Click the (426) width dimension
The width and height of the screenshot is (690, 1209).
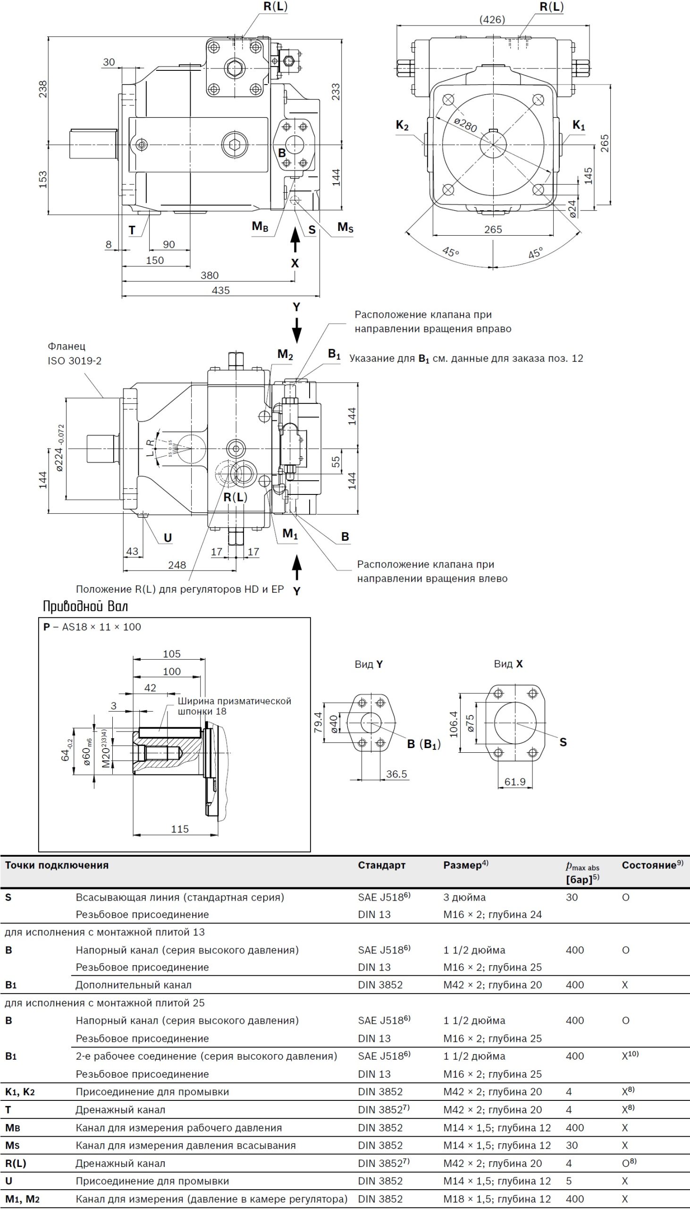click(492, 19)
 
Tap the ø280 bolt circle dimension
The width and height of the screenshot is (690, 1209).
click(465, 125)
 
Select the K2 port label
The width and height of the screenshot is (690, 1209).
click(402, 126)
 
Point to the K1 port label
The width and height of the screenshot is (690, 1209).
click(579, 125)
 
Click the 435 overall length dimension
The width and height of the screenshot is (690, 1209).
click(221, 290)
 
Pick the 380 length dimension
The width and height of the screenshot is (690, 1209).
click(210, 275)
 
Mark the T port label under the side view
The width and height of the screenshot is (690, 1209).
click(132, 230)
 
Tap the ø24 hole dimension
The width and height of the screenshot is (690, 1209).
click(572, 209)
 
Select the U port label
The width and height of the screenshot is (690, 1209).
click(168, 537)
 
